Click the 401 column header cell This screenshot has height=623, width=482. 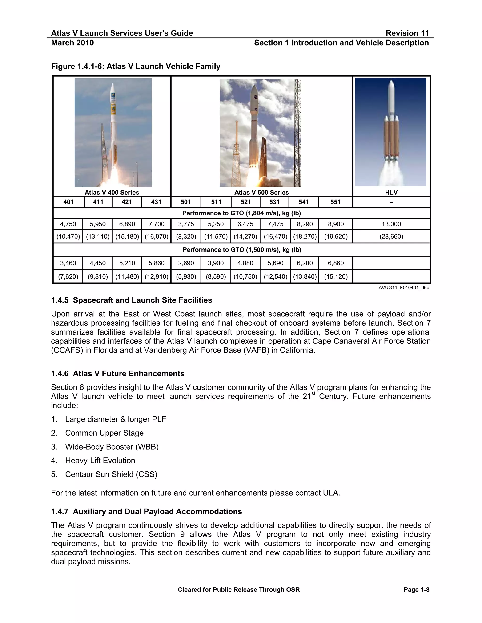click(68, 202)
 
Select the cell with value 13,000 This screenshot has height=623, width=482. click(391, 224)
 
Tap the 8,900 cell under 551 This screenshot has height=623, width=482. click(336, 224)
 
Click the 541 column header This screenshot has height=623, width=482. click(304, 202)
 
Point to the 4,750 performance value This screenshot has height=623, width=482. click(68, 224)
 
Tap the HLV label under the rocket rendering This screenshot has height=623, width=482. click(391, 193)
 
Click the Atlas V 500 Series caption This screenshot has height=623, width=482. click(261, 193)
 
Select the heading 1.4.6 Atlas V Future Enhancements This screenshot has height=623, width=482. click(118, 374)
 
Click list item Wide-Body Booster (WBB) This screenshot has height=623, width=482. click(112, 447)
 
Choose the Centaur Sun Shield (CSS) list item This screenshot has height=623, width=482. click(111, 474)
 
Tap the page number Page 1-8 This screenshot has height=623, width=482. click(416, 590)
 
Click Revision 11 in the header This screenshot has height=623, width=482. click(407, 33)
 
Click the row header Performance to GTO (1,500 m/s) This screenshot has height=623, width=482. click(241, 250)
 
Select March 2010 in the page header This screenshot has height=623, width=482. click(72, 43)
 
